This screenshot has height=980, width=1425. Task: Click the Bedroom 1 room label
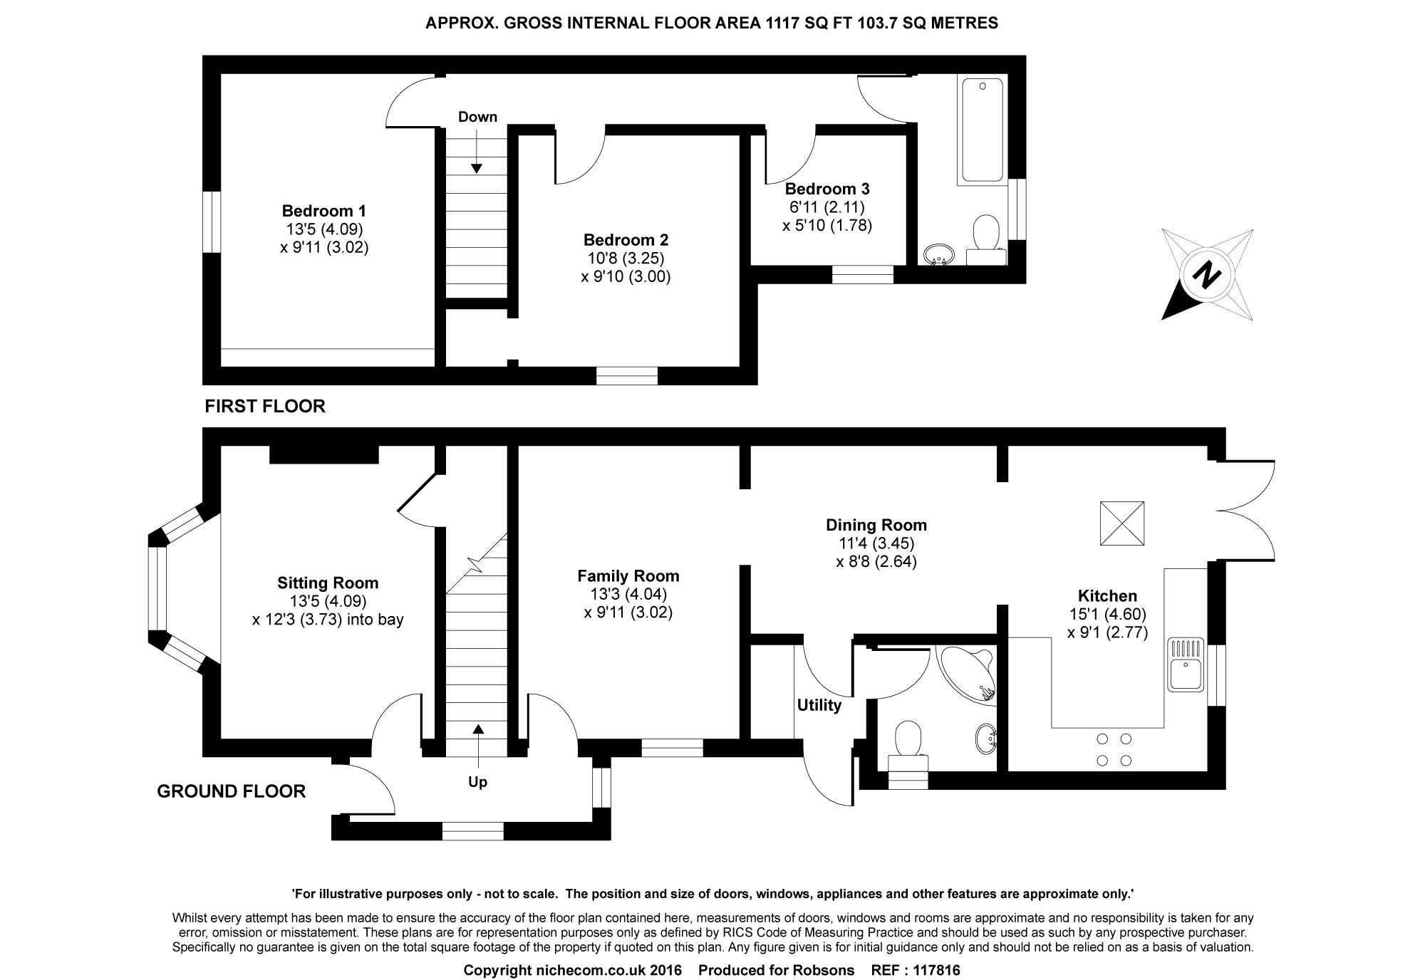(324, 211)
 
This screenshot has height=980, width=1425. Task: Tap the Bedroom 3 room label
(827, 189)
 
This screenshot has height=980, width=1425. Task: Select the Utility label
(819, 705)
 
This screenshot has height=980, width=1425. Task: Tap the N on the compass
(1207, 275)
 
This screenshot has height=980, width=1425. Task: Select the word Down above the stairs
(477, 117)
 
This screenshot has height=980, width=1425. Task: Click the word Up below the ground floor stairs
(477, 782)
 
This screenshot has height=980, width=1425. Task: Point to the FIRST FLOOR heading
(265, 406)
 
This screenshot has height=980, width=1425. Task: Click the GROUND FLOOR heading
(231, 791)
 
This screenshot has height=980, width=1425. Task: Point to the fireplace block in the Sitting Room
(324, 454)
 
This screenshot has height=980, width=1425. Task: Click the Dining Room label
(876, 525)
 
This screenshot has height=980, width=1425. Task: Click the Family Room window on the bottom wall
(672, 748)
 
